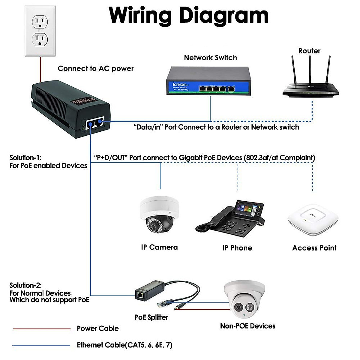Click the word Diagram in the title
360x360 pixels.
(x=224, y=16)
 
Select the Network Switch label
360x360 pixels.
(x=210, y=58)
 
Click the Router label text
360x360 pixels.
(x=309, y=51)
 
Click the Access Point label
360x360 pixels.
(x=314, y=248)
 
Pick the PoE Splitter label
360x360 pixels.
(x=151, y=317)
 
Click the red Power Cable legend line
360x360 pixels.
(x=42, y=329)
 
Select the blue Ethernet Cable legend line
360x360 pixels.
(x=42, y=346)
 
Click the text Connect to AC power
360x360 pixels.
(x=95, y=69)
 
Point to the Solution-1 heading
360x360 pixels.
(x=25, y=157)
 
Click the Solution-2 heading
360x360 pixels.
(x=25, y=285)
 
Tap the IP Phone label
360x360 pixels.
(x=237, y=248)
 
